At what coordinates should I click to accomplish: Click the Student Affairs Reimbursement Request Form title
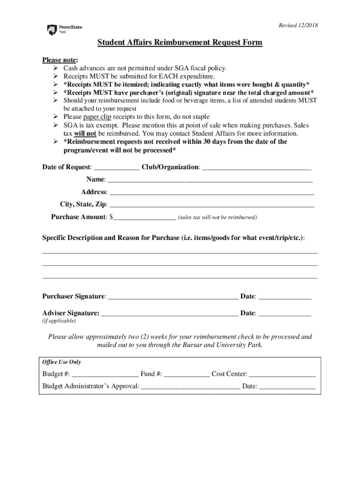[180, 43]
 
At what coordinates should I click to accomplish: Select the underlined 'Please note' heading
[60, 60]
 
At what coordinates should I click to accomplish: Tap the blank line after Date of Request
[116, 167]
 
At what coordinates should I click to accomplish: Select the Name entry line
[210, 180]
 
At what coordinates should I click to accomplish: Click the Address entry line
[212, 192]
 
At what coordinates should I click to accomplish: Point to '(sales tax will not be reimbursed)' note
[217, 218]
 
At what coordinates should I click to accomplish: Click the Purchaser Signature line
[173, 297]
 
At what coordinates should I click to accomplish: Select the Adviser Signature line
[169, 313]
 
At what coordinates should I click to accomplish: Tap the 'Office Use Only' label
[61, 362]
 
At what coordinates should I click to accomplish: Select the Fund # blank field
[187, 374]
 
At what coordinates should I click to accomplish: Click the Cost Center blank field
[282, 374]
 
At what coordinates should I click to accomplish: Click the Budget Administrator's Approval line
[190, 387]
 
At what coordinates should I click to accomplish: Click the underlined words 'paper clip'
[97, 116]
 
